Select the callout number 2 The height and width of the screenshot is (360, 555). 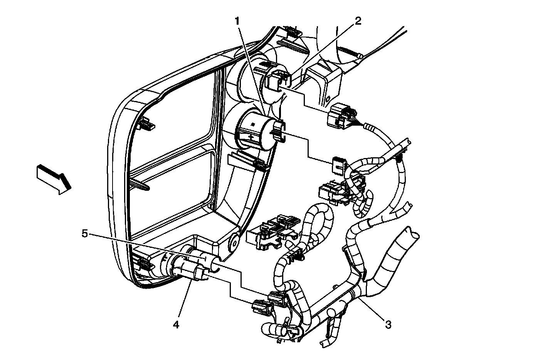tap(358, 21)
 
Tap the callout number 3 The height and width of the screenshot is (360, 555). tap(388, 325)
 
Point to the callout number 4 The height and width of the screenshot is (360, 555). tap(176, 325)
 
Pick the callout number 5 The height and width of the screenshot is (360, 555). tap(85, 233)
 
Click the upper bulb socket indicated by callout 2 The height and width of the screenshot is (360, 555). tap(277, 80)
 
